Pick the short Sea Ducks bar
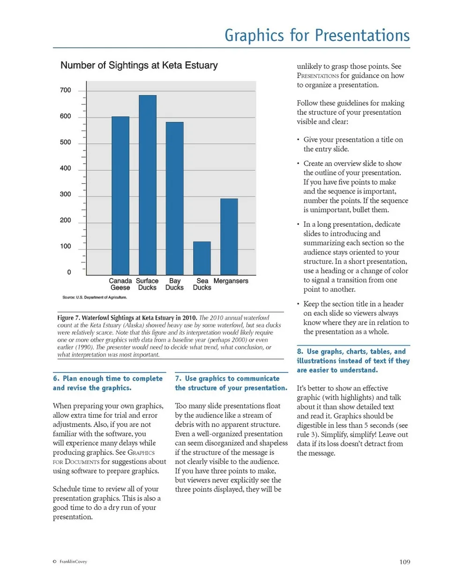pos(202,258)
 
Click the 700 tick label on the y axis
pos(65,90)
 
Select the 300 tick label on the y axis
pos(65,194)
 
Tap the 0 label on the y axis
pos(69,272)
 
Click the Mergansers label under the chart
pos(231,281)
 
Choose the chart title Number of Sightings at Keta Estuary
pos(139,66)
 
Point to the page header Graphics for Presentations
pos(317,35)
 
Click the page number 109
pos(402,562)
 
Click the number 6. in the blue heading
pos(56,378)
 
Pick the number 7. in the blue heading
pos(178,378)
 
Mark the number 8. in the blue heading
pos(300,352)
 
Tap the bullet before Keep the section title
pos(299,304)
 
